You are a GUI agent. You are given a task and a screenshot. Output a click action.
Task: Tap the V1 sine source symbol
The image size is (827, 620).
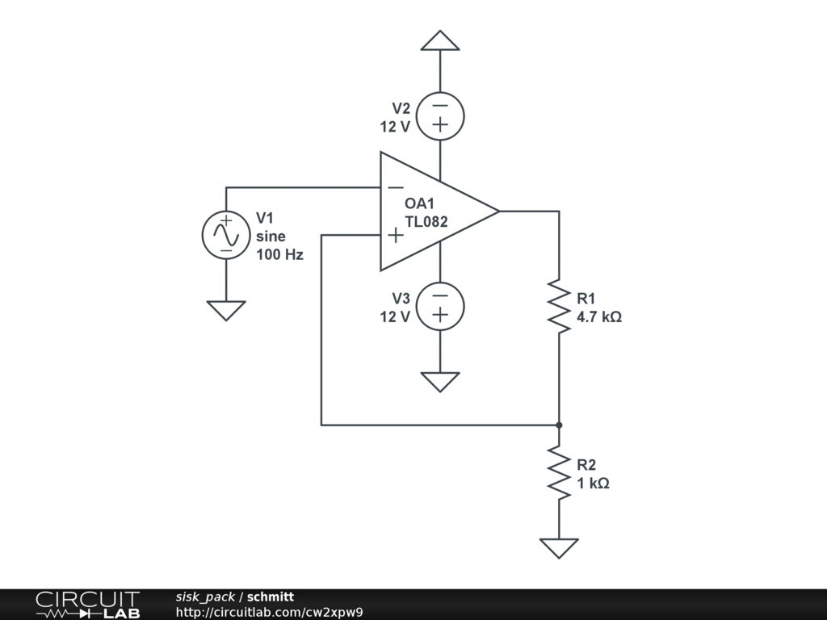225,235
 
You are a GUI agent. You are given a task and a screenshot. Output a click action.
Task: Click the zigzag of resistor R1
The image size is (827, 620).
559,307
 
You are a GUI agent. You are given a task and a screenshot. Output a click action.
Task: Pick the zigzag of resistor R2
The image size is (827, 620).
559,472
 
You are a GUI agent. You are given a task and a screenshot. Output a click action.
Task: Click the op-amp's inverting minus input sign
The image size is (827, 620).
396,188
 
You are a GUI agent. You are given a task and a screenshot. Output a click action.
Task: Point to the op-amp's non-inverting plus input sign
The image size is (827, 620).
396,235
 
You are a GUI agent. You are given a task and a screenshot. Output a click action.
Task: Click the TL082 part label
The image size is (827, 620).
426,222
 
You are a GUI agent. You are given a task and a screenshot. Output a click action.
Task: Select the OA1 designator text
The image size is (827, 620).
420,204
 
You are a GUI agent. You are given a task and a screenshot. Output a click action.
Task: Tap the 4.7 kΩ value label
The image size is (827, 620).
598,317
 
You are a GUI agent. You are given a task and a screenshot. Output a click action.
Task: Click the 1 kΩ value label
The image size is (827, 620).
593,484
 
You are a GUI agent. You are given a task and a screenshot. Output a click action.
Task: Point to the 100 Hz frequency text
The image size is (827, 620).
279,255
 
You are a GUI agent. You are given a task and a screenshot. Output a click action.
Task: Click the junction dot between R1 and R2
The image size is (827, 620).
559,424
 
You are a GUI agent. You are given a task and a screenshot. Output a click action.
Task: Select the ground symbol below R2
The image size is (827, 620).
559,548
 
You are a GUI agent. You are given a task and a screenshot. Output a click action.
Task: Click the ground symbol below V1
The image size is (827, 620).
225,310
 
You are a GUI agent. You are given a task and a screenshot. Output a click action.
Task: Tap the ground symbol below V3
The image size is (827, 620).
440,381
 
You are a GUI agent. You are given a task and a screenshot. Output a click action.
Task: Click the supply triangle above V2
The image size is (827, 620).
440,40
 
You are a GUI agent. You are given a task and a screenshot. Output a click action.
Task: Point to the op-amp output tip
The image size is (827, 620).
497,212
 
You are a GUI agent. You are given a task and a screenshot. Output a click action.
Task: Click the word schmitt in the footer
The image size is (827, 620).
271,597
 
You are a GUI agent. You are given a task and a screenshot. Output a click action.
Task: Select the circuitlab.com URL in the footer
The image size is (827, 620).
269,612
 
